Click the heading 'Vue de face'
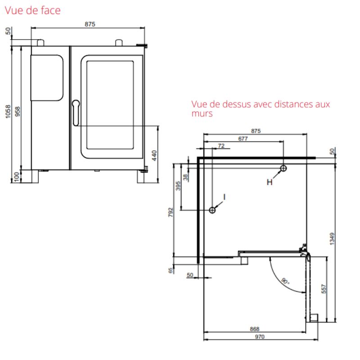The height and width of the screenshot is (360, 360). click(32, 10)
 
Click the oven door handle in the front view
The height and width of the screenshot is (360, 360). click(76, 113)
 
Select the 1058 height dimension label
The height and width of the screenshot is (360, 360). click(8, 112)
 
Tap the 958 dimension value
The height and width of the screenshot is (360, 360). click(18, 111)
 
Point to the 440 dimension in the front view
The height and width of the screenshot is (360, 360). click(154, 155)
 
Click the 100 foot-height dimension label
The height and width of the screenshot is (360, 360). click(17, 177)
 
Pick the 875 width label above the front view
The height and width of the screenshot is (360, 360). click(90, 24)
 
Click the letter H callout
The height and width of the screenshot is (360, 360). click(270, 182)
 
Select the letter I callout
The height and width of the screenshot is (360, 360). click(224, 197)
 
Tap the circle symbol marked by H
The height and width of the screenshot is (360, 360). click(283, 168)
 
